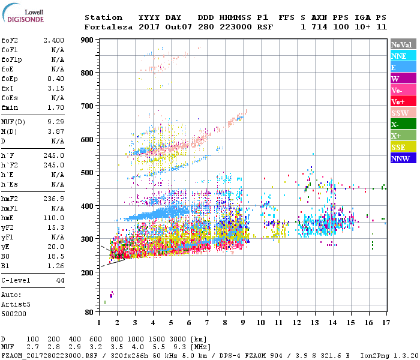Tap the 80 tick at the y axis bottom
(89, 312)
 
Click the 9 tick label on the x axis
(243, 322)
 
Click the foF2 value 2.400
(54, 40)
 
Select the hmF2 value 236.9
(54, 198)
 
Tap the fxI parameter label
(8, 88)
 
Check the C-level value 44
(60, 280)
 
